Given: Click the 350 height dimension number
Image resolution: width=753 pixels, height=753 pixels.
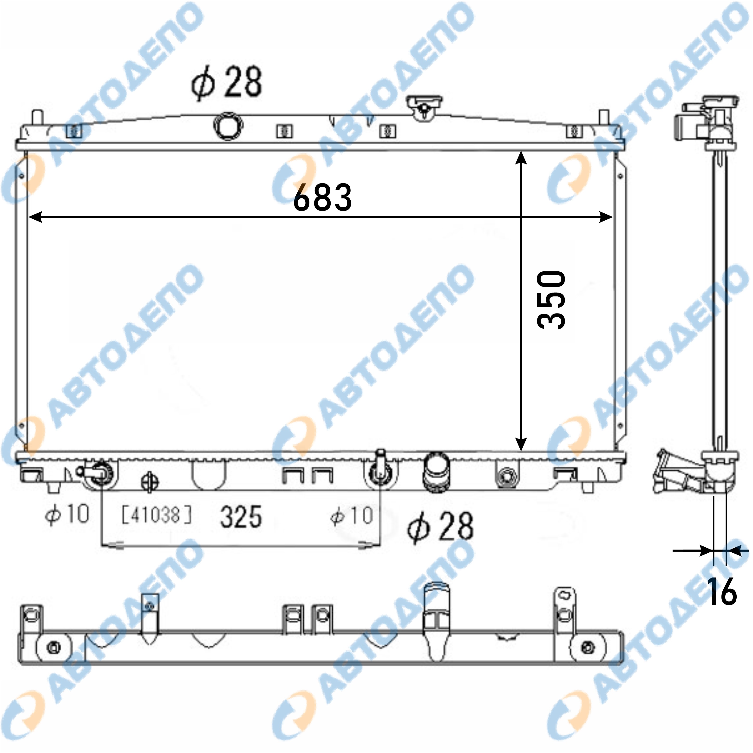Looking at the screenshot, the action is (551, 300).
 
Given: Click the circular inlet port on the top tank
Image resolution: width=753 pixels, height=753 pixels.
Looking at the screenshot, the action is (228, 125).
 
